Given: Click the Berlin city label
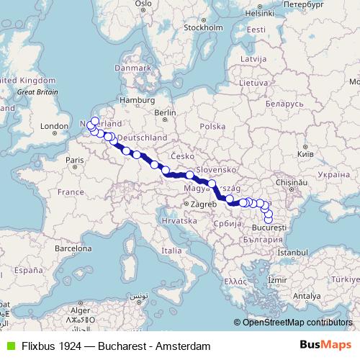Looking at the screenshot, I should pyautogui.click(x=165, y=113).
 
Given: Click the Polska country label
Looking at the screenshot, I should pyautogui.click(x=212, y=126).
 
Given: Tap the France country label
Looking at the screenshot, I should pyautogui.click(x=71, y=192).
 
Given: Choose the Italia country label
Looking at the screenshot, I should pyautogui.click(x=171, y=250).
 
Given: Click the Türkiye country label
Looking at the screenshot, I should pyautogui.click(x=338, y=279).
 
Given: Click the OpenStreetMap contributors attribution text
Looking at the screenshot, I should pyautogui.click(x=297, y=322).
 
